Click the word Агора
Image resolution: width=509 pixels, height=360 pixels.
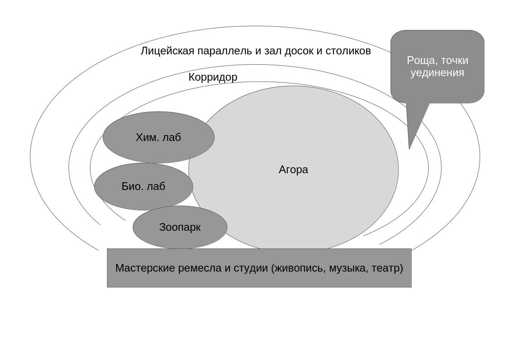point(293,170)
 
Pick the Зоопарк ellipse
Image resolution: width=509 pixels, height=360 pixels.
point(180,227)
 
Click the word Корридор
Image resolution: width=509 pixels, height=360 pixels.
point(213,77)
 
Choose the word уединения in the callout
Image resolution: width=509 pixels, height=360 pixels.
point(437,73)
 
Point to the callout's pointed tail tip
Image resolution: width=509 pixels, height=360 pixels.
point(409,148)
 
